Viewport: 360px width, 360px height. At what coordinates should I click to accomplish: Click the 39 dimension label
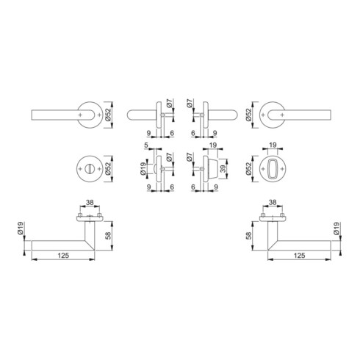[223, 169]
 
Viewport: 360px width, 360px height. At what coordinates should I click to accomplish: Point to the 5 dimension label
[146, 145]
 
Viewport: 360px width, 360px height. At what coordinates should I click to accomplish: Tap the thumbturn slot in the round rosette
[89, 169]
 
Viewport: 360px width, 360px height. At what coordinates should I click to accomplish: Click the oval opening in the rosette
[273, 169]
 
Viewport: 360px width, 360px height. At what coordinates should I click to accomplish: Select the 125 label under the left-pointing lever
[63, 256]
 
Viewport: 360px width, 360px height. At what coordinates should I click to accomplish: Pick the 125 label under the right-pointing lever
[300, 256]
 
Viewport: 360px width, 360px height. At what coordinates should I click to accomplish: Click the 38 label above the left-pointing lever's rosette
[90, 202]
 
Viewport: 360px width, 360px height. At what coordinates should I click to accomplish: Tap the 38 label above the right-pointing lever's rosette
[273, 202]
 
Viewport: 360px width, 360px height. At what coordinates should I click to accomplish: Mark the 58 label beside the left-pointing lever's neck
[108, 236]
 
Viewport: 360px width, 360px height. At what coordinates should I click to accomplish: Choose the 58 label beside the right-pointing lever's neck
[248, 236]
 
